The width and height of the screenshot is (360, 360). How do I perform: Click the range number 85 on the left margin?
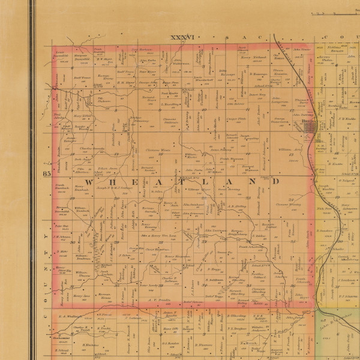point(47,173)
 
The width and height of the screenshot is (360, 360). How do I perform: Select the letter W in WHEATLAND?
point(88,181)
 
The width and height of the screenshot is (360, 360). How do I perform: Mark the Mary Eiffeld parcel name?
point(82,115)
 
